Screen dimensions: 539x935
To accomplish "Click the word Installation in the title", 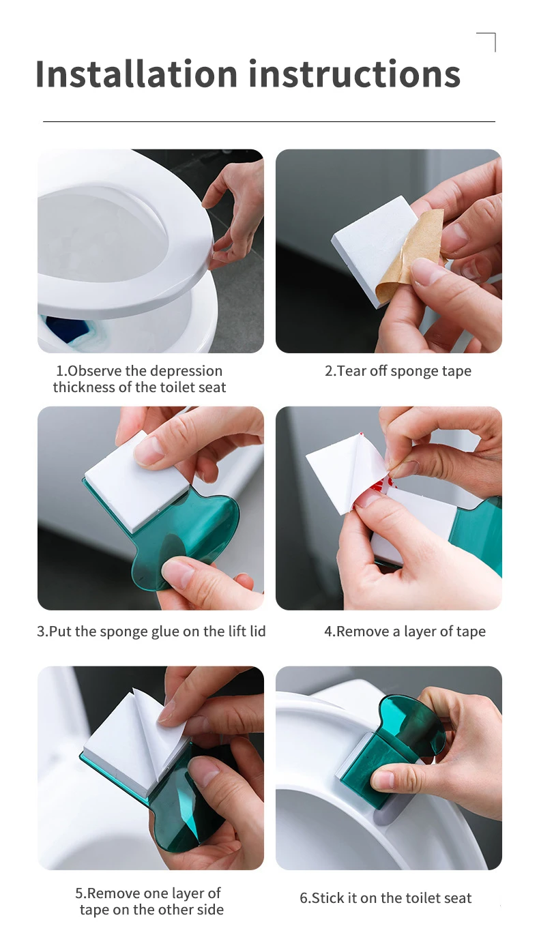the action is click(136, 74).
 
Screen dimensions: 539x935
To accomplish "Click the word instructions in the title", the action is click(355, 74).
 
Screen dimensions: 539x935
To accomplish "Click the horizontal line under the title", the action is click(269, 121).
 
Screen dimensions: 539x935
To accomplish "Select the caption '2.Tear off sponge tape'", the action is click(398, 371).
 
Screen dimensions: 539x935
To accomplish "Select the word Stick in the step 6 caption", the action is click(327, 897).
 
